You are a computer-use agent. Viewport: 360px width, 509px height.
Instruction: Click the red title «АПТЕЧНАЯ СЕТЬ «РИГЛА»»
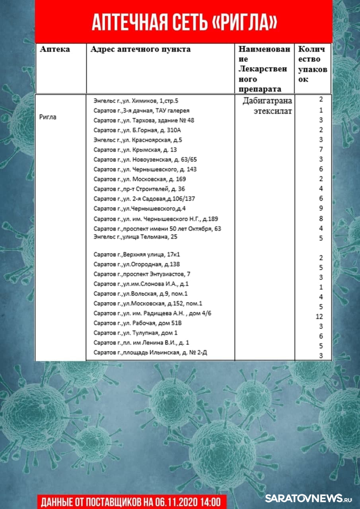[184, 23]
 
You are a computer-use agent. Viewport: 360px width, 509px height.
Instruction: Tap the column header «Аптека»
[55, 49]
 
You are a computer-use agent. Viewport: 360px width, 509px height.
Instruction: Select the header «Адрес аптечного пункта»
[140, 49]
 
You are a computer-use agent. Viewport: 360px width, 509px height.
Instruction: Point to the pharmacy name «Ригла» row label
[48, 117]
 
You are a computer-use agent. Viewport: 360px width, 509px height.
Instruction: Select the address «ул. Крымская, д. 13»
[135, 150]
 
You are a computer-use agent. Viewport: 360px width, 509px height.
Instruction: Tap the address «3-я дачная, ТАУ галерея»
[141, 111]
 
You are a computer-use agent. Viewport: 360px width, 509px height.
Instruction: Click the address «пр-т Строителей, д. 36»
[139, 189]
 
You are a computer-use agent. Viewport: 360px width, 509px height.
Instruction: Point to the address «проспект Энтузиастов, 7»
[142, 274]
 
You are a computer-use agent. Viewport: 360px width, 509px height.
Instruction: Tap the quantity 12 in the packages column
[319, 317]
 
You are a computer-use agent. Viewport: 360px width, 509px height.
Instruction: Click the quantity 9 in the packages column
[321, 208]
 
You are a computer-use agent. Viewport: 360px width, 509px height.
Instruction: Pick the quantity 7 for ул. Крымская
[321, 150]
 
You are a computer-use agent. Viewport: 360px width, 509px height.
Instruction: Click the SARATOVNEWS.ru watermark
[309, 498]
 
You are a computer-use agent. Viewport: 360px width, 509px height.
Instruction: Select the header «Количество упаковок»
[313, 64]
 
